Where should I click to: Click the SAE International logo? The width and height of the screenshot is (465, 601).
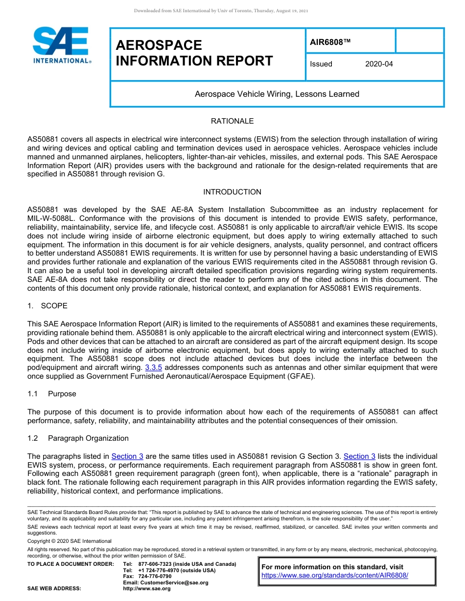click(x=61, y=45)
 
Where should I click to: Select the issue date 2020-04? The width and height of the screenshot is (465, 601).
click(x=378, y=64)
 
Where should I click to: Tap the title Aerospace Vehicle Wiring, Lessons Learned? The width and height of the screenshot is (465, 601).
click(x=277, y=94)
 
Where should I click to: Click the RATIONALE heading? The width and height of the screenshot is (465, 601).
click(x=232, y=121)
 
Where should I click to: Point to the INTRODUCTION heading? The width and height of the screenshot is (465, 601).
click(x=232, y=192)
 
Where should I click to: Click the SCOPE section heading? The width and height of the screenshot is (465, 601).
click(x=54, y=306)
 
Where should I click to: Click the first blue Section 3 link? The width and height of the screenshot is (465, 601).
click(x=127, y=456)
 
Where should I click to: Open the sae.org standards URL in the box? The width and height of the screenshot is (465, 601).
click(x=335, y=576)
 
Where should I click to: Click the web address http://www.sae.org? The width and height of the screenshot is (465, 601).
click(x=147, y=589)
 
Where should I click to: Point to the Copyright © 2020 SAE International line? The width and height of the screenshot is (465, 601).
click(x=70, y=541)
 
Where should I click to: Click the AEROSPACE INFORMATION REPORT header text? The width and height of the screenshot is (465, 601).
click(x=194, y=53)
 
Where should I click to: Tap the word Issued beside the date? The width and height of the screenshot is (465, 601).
click(x=321, y=64)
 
